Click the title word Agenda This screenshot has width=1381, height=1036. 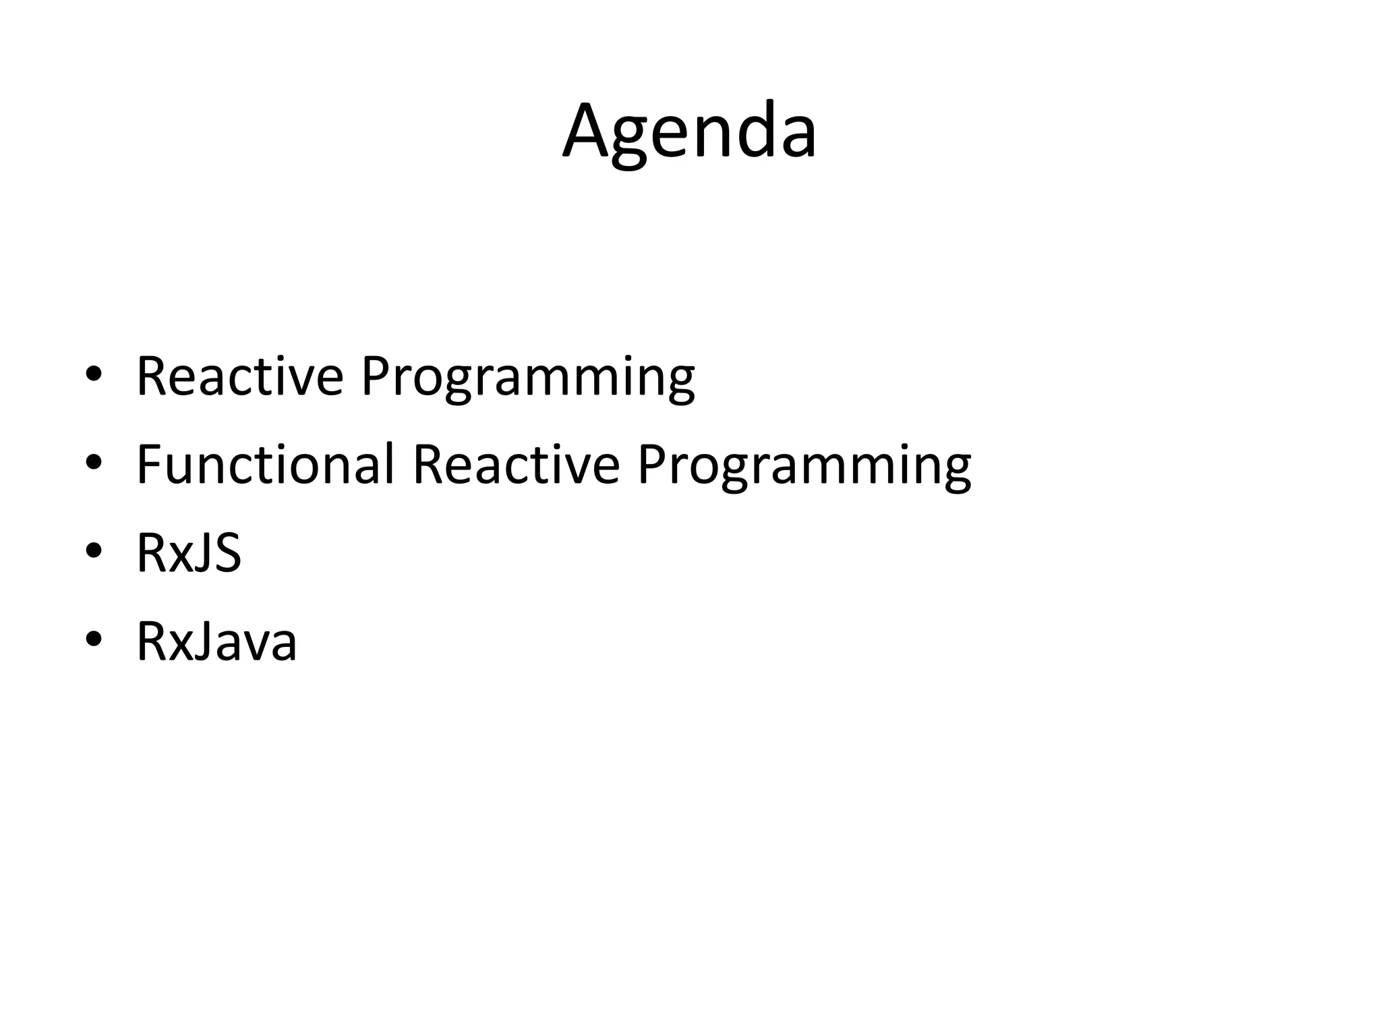[x=689, y=132]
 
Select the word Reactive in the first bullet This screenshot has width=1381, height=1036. [x=239, y=376]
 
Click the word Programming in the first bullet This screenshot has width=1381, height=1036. [x=527, y=378]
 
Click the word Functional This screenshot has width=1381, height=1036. [x=265, y=464]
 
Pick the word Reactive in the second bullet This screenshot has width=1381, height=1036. [x=516, y=464]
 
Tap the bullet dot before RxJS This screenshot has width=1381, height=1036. [x=94, y=550]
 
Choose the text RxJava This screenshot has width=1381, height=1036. [x=216, y=641]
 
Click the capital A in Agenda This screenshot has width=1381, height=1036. [x=587, y=130]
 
